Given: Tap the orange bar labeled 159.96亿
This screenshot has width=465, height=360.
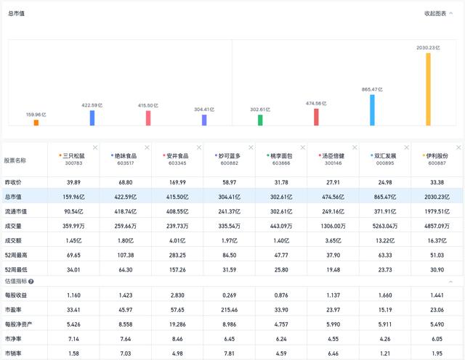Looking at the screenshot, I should (x=36, y=123).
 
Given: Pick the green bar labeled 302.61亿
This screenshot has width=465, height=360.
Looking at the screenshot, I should (x=260, y=120).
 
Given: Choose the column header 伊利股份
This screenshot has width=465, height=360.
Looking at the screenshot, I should (x=437, y=155).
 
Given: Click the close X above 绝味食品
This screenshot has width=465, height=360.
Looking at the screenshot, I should (x=145, y=147).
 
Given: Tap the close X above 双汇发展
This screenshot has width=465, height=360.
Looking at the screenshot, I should (x=406, y=147).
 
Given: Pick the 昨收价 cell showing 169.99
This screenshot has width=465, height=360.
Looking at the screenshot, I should (x=177, y=182).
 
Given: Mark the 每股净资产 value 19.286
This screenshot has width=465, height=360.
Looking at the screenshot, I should (x=177, y=325).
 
